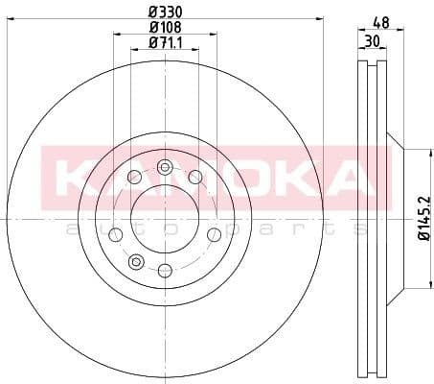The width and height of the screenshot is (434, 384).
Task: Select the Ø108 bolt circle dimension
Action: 164,28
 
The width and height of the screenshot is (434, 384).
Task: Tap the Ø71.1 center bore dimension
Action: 164,42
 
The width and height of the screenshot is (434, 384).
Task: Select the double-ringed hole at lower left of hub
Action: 135,260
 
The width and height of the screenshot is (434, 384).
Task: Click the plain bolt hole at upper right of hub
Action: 195,177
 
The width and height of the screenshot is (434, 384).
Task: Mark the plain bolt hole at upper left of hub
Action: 133,178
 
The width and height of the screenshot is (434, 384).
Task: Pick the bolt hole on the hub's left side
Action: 116,233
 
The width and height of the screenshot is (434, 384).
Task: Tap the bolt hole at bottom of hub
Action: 164,269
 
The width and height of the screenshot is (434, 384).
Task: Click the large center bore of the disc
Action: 164,218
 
